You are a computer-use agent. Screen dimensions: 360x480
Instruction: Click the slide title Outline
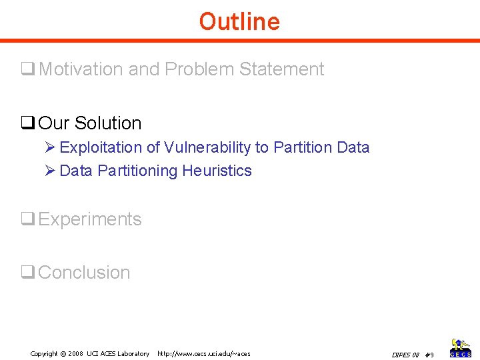click(x=239, y=21)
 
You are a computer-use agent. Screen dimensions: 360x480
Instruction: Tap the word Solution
click(x=108, y=123)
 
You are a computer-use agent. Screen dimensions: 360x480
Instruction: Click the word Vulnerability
click(x=205, y=147)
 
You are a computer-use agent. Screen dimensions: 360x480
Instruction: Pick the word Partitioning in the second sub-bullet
click(x=137, y=171)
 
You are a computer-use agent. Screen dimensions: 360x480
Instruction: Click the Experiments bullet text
click(x=90, y=219)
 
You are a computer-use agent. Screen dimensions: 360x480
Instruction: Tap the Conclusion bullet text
click(x=85, y=273)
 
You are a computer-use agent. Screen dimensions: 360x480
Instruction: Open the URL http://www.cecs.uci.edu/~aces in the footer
click(x=203, y=353)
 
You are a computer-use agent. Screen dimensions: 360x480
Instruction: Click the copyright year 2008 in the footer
click(x=75, y=353)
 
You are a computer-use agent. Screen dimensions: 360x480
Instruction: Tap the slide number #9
click(x=429, y=354)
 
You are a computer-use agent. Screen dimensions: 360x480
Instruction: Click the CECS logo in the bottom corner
click(x=461, y=347)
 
